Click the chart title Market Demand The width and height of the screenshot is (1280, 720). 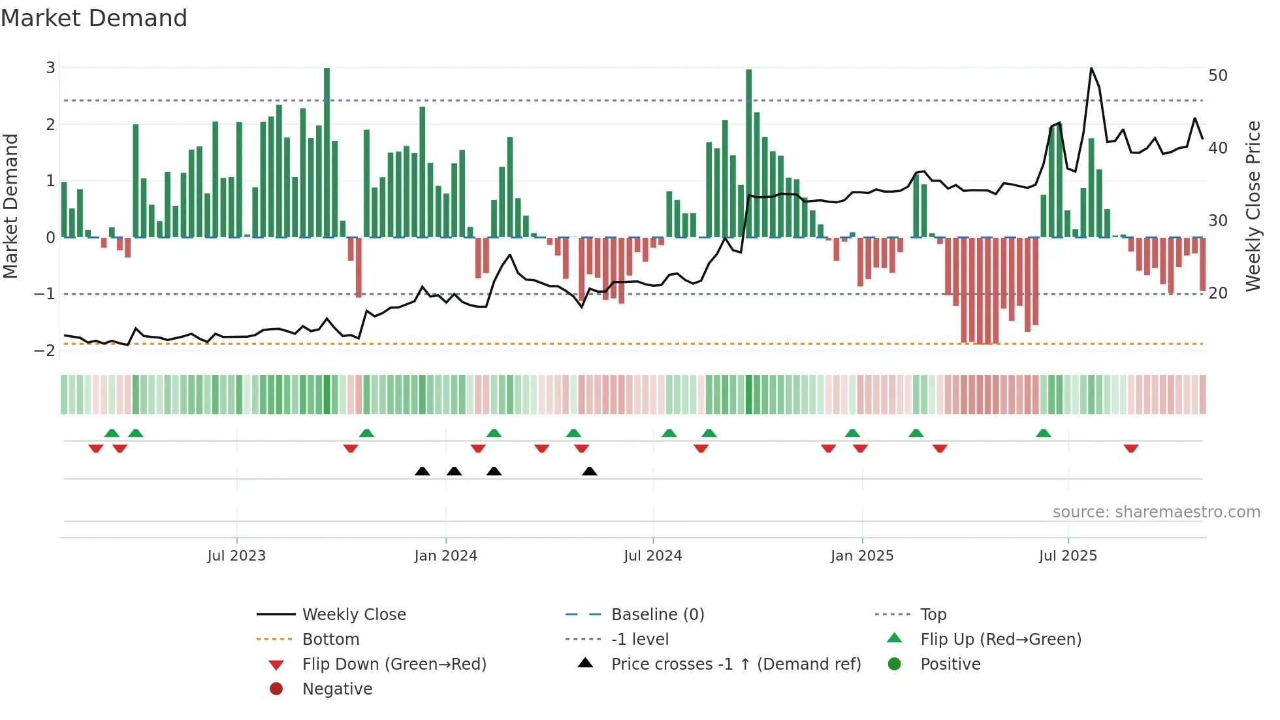(94, 18)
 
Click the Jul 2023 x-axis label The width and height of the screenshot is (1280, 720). (236, 556)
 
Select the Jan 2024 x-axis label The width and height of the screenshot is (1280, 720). (445, 556)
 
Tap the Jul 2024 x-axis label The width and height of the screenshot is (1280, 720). (652, 556)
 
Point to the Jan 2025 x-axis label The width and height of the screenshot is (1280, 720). (862, 556)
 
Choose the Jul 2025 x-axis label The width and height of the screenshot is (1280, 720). (1068, 556)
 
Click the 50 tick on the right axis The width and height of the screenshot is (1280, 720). (1218, 76)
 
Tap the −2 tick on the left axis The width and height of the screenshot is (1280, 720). (45, 351)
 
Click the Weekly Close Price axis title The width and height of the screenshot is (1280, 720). (1253, 206)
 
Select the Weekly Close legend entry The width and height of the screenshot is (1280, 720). (353, 615)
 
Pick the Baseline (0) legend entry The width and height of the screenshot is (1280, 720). (657, 615)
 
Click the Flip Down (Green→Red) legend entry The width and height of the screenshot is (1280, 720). (394, 664)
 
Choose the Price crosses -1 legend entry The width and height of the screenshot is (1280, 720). (735, 664)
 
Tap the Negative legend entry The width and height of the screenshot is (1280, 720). (337, 689)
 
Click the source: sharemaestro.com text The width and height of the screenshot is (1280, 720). (1156, 512)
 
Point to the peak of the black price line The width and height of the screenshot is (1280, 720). (1091, 69)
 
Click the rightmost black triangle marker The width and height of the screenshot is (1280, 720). (589, 472)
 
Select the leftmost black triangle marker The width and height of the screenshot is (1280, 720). (423, 472)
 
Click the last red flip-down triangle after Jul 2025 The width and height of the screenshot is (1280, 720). (1131, 448)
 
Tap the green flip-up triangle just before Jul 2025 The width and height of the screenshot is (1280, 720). (1044, 433)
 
